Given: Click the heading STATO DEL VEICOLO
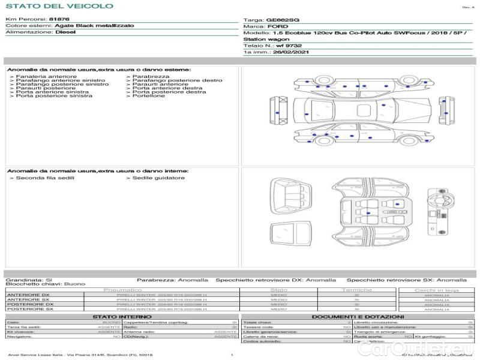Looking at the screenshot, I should point(59,6).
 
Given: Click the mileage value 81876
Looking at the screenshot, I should point(59,20).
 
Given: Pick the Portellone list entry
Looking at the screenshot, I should point(148,96).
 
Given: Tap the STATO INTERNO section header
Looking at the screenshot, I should point(122,317).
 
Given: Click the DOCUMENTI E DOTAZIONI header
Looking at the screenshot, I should point(358,317).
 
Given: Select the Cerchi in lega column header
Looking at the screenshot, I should point(436,290).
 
